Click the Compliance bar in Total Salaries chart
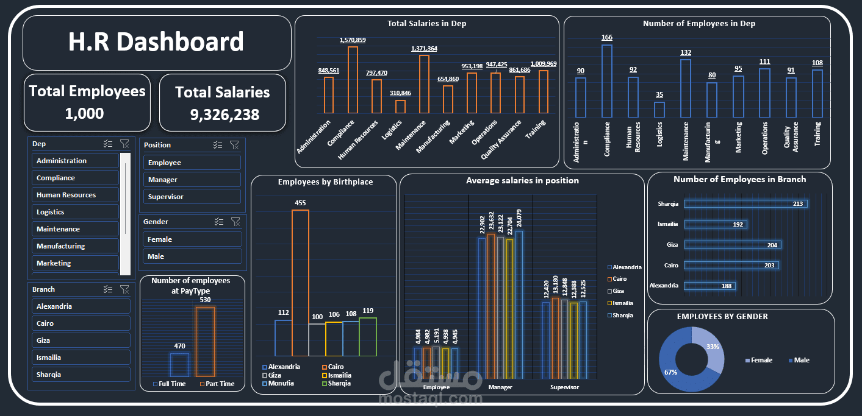tap(353, 80)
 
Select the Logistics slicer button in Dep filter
tap(75, 212)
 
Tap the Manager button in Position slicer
tap(192, 180)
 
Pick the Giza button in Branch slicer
tap(81, 340)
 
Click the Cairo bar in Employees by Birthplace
tap(300, 283)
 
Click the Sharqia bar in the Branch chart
tap(745, 204)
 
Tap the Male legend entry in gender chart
tap(801, 360)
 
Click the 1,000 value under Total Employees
tap(85, 113)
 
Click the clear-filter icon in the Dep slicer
tap(124, 144)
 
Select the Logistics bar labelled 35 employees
tap(659, 110)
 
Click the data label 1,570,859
tap(353, 40)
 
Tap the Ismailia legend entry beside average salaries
tap(622, 303)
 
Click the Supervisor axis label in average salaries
tap(564, 387)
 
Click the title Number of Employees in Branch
tap(739, 180)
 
